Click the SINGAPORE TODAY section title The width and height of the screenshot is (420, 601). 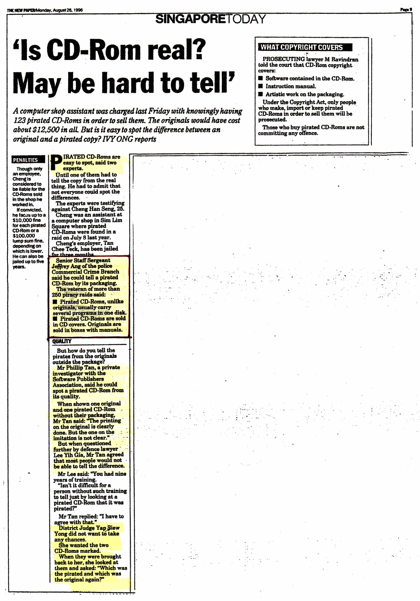tap(210, 19)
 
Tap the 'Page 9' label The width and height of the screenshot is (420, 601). tap(406, 10)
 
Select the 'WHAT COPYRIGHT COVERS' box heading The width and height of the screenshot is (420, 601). tap(301, 47)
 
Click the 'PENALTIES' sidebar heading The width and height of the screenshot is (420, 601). tap(25, 160)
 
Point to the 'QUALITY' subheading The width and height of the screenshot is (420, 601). tap(62, 341)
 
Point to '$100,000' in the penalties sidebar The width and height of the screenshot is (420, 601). tap(24, 236)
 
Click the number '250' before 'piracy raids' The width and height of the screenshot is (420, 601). tap(56, 295)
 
